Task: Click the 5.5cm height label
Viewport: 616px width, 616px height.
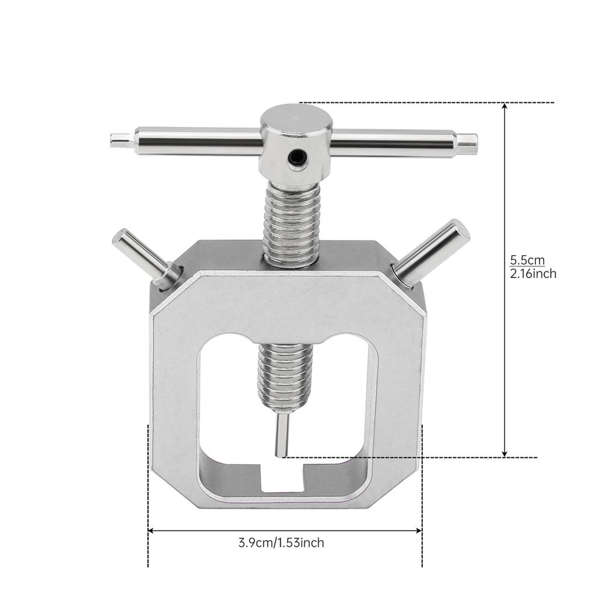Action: (528, 260)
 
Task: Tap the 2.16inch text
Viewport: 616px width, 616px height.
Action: (532, 274)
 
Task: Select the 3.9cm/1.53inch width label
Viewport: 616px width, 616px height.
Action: (281, 543)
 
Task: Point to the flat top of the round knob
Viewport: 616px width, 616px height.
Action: (296, 118)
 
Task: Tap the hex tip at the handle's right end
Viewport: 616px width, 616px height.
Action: (466, 143)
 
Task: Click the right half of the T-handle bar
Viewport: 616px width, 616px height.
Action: (391, 142)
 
